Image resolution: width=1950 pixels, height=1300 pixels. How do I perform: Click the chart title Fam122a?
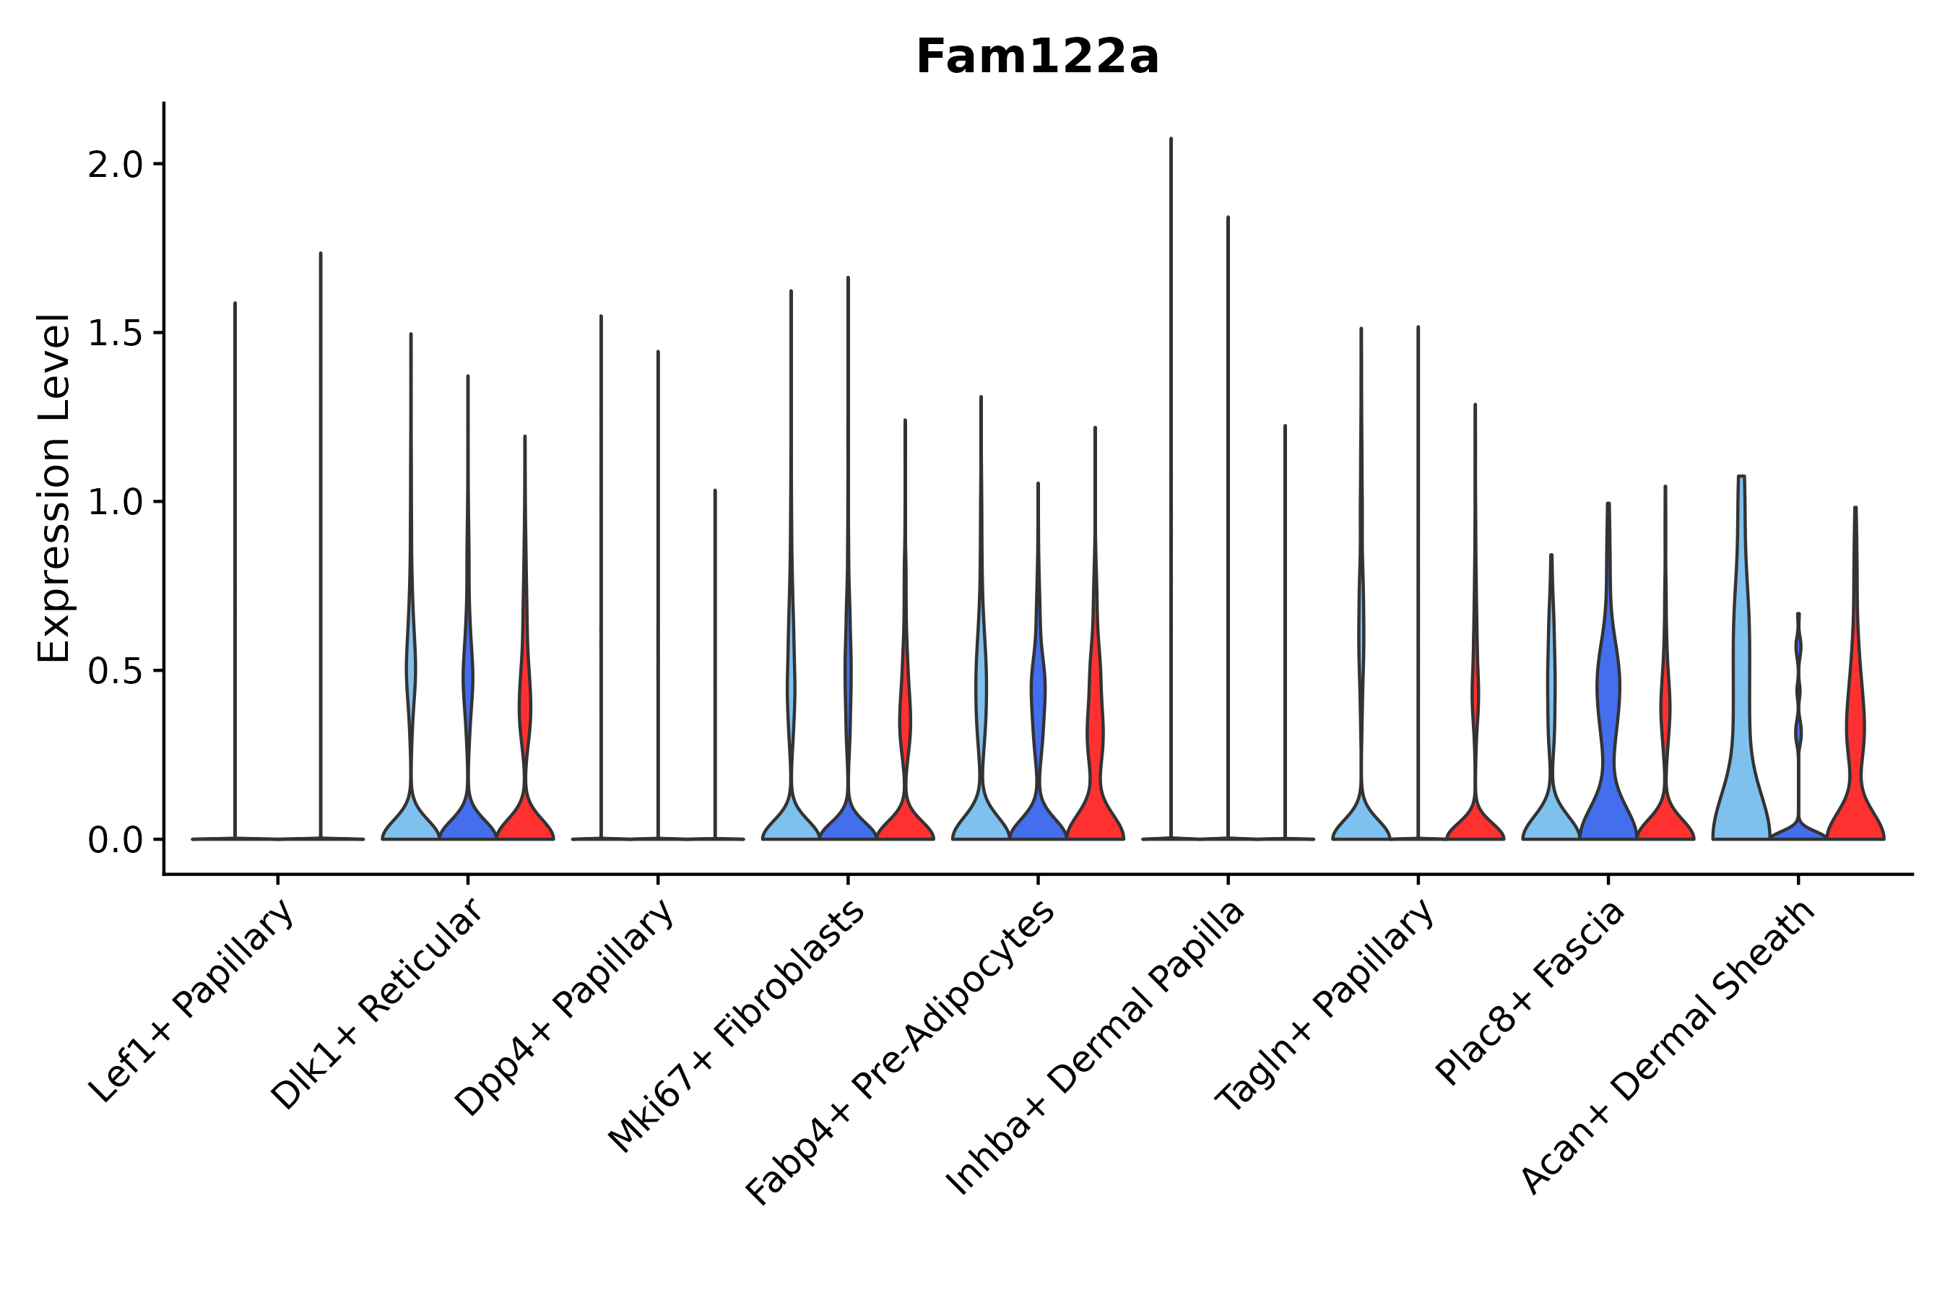(x=1036, y=58)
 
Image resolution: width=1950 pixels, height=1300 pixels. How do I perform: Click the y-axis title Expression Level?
(x=54, y=487)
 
